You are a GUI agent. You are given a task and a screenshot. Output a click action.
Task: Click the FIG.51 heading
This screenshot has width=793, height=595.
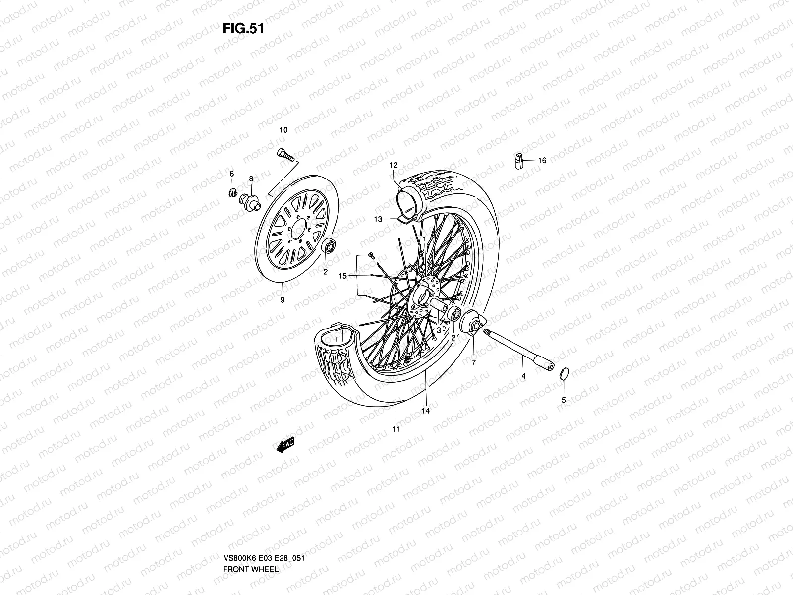pyautogui.click(x=243, y=28)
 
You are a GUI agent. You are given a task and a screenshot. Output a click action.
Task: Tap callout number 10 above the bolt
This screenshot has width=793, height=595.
pyautogui.click(x=283, y=130)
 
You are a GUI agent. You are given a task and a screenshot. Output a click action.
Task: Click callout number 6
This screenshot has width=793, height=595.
pyautogui.click(x=231, y=173)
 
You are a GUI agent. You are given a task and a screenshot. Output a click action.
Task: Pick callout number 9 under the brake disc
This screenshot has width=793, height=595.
pyautogui.click(x=282, y=300)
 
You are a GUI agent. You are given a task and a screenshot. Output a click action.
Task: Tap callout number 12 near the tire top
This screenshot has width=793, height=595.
pyautogui.click(x=394, y=165)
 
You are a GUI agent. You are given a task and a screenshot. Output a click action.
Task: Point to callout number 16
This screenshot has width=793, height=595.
pyautogui.click(x=542, y=161)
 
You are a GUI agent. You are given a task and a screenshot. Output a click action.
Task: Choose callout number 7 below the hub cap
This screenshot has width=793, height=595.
pyautogui.click(x=473, y=363)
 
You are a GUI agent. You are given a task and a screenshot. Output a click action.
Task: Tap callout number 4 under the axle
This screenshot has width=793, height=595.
pyautogui.click(x=523, y=376)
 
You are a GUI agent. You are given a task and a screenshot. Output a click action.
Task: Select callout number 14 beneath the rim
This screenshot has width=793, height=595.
pyautogui.click(x=425, y=411)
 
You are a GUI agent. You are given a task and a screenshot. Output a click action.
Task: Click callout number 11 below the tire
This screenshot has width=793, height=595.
pyautogui.click(x=396, y=429)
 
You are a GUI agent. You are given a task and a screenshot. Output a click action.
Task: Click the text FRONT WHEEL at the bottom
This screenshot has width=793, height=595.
pyautogui.click(x=251, y=541)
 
